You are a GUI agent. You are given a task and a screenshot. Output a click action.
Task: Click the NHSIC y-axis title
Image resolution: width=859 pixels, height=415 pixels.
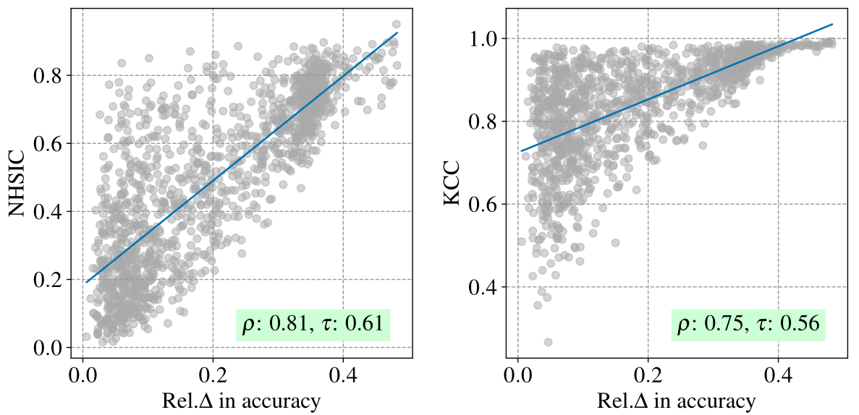[x=17, y=184]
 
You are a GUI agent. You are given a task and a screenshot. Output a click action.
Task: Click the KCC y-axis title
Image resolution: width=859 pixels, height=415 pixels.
[x=453, y=184]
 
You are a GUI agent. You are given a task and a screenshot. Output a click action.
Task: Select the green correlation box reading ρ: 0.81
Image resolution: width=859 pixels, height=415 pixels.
[x=313, y=323]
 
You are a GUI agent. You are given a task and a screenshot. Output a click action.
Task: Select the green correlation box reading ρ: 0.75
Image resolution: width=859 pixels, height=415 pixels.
[x=748, y=323]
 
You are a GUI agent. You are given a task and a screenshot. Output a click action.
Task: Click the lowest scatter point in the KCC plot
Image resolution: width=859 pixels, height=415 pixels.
[x=548, y=342]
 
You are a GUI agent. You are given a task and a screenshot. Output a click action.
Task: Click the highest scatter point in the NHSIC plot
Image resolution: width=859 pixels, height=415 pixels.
[x=396, y=25]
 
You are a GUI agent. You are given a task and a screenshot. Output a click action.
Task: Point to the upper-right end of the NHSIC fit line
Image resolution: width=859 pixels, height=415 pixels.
[x=397, y=33]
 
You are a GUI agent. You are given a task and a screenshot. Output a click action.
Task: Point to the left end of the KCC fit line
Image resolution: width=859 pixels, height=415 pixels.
[x=521, y=151]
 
